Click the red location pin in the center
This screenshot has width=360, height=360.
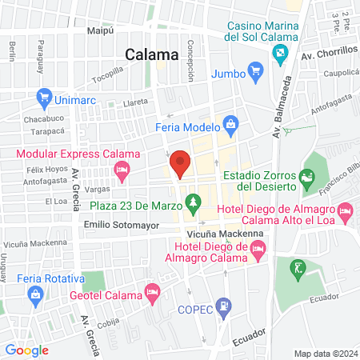pyautogui.click(x=180, y=162)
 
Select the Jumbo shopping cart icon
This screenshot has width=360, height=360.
pyautogui.click(x=256, y=74)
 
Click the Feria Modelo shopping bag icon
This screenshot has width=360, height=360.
pyautogui.click(x=231, y=124)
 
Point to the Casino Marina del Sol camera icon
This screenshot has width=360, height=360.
pyautogui.click(x=280, y=54)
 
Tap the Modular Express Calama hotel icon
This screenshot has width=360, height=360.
pyautogui.click(x=122, y=169)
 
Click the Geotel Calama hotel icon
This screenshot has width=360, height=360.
pyautogui.click(x=152, y=295)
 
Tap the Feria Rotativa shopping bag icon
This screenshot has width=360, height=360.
pyautogui.click(x=35, y=295)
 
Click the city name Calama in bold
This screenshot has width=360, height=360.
pyautogui.click(x=152, y=54)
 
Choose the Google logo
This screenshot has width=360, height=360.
pyautogui.click(x=26, y=350)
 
